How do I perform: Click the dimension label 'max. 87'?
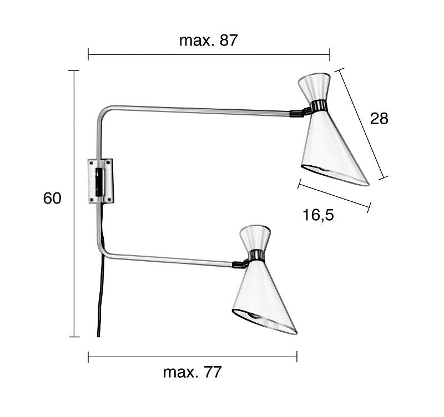[x=209, y=40]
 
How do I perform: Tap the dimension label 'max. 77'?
[x=192, y=372]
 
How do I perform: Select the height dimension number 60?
[x=52, y=198]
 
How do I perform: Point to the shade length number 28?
[x=379, y=118]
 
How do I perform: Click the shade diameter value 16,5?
[x=318, y=215]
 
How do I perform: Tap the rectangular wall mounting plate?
[x=100, y=181]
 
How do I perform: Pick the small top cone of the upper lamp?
[x=314, y=87]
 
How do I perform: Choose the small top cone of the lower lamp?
[x=255, y=238]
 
